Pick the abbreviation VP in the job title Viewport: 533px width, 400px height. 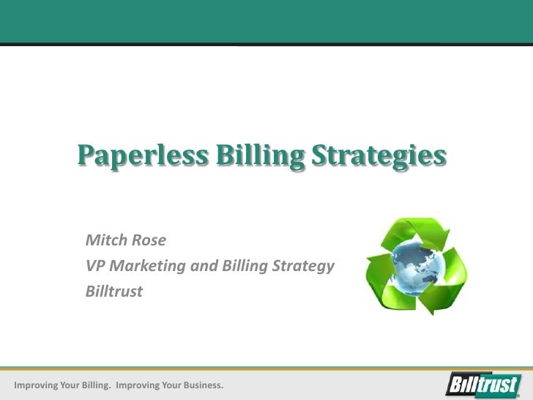pos(95,265)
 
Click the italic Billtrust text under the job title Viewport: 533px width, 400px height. pos(114,291)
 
